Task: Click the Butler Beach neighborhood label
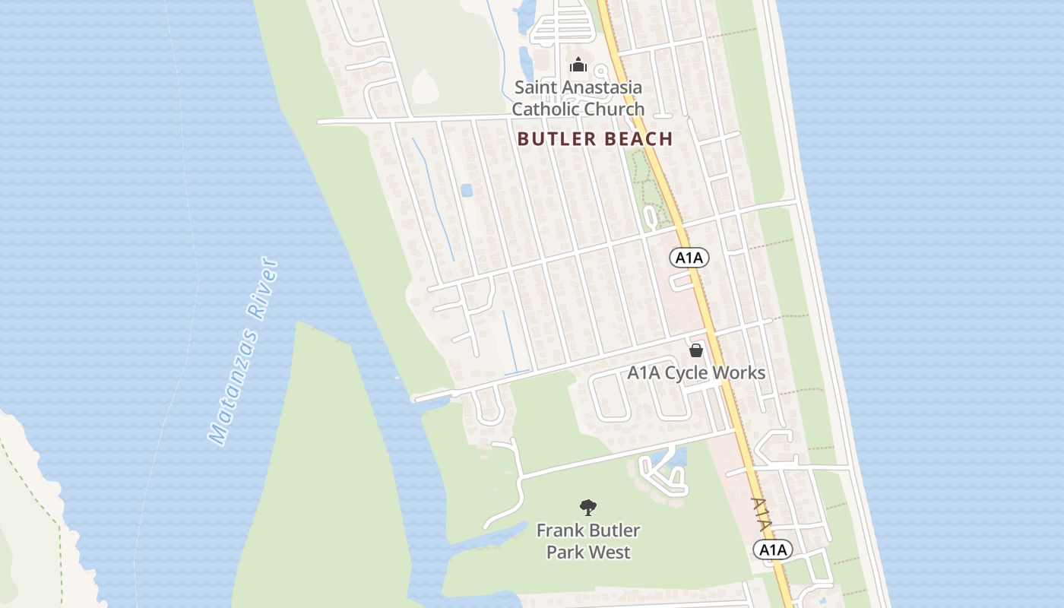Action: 594,139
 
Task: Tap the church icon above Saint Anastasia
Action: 578,65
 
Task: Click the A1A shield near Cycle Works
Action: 689,258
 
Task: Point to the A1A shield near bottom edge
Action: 773,549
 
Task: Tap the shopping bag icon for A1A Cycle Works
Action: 695,350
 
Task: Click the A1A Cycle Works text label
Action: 695,373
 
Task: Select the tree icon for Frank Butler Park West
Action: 587,508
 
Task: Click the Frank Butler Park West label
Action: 588,541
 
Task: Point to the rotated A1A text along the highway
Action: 762,515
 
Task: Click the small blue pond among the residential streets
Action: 467,189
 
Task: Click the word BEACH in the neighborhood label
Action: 636,139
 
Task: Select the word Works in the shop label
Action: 737,373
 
